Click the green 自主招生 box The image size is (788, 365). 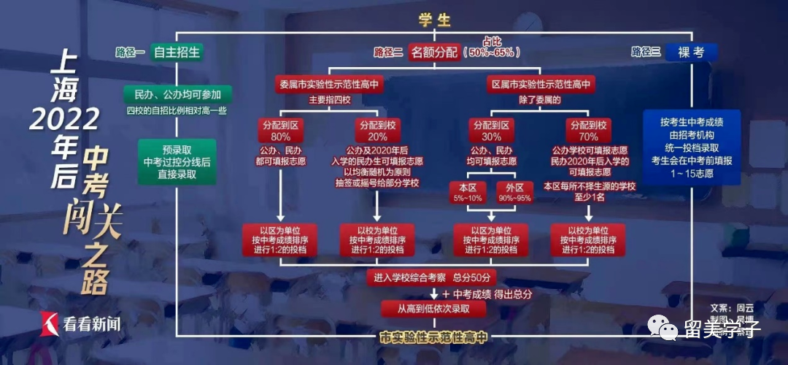click(176, 52)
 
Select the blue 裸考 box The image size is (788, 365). click(692, 52)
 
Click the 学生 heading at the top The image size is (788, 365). click(434, 20)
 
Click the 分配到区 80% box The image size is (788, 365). click(281, 131)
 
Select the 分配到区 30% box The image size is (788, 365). click(490, 131)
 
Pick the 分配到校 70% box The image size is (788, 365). click(588, 131)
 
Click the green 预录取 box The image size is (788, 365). click(177, 161)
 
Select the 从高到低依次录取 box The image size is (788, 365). click(433, 309)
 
